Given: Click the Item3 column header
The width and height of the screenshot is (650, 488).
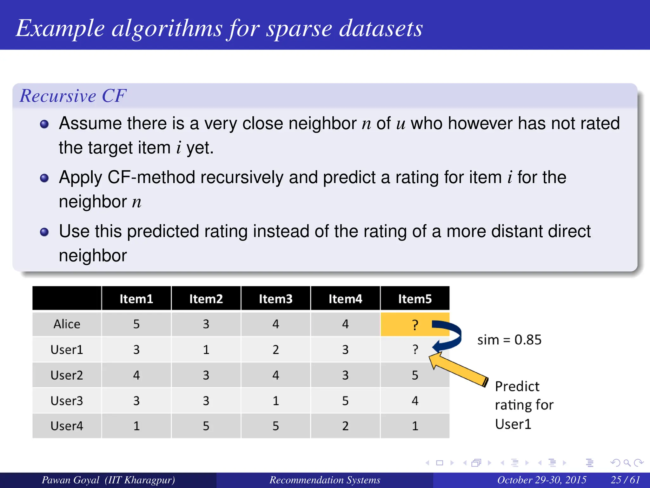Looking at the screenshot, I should point(275,299).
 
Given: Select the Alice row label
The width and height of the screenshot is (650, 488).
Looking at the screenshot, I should point(67,324).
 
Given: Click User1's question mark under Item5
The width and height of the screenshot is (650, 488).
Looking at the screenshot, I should point(415,349).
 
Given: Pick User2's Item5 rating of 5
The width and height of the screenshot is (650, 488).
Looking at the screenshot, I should point(415,375).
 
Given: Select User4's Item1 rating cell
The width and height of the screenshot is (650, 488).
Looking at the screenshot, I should point(136,426).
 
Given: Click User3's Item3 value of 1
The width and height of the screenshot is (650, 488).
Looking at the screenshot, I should point(275,401).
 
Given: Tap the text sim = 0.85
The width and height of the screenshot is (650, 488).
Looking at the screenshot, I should point(509,340).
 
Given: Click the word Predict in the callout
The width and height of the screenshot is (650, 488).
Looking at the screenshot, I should point(517,386).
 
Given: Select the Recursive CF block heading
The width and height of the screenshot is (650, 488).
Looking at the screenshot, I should point(73,96).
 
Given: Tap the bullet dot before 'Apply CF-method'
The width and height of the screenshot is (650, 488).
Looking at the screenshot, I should point(44,178).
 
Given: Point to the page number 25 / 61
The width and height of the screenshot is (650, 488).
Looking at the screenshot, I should point(625,480).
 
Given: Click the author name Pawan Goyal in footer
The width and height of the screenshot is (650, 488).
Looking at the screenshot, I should point(70,480).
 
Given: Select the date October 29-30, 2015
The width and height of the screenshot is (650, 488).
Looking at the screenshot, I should point(541,480).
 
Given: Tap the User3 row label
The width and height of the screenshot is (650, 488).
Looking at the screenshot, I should point(67,401).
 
